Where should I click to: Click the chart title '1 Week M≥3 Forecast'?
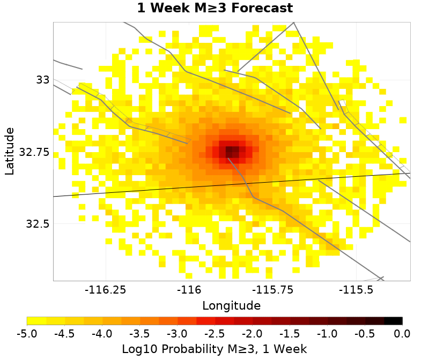pos(214,9)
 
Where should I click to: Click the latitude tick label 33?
pos(42,80)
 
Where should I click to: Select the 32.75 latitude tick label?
pos(34,152)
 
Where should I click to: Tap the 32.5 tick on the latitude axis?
pos(38,224)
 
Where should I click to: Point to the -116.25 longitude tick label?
pos(106,290)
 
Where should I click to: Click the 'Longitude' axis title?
pos(231,306)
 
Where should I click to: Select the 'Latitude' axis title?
pos(10,151)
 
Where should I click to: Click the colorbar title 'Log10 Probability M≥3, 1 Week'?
pos(214,349)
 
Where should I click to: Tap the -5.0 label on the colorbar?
pos(27,334)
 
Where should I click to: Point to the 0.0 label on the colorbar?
pos(402,334)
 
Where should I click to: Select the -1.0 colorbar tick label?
pos(327,334)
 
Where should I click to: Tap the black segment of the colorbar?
pos(394,321)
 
